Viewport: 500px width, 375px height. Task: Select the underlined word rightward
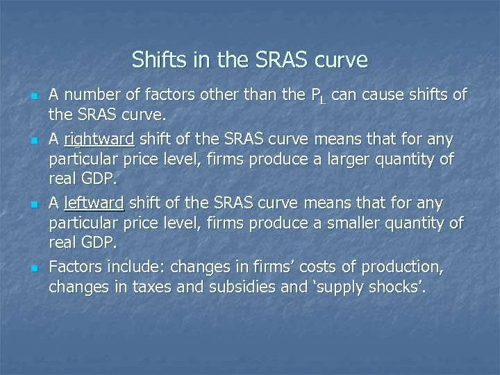94,139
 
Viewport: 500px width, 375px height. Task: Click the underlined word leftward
94,203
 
